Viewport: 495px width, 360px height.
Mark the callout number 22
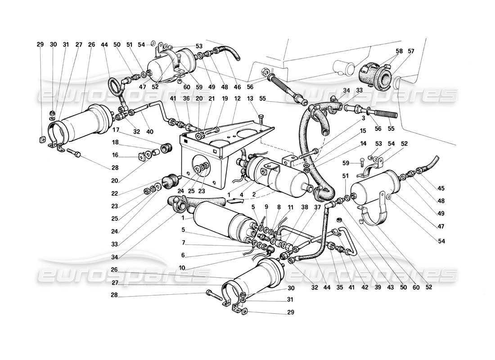[116, 181]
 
